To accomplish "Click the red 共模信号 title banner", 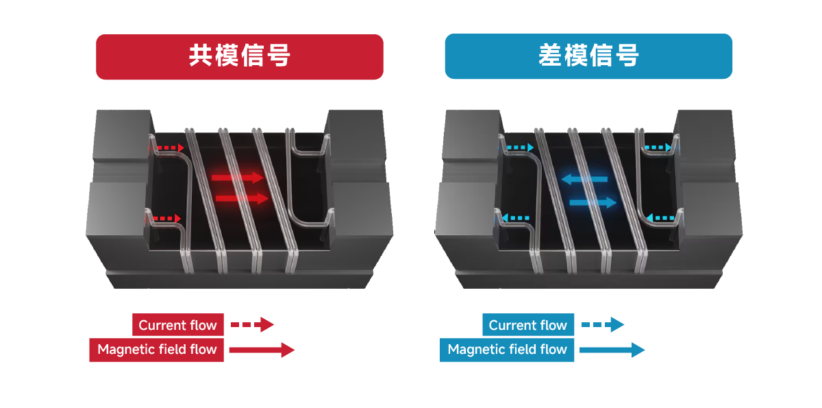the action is (x=240, y=57).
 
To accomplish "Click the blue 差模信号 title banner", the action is (x=588, y=56).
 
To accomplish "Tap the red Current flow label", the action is (x=178, y=324).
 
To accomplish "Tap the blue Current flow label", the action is (x=528, y=324).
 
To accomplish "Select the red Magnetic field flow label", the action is (x=157, y=350).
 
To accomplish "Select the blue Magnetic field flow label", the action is (x=507, y=350).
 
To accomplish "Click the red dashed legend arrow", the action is (x=252, y=324).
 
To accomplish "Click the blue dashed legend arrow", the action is (x=603, y=324).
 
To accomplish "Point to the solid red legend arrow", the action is (x=262, y=350).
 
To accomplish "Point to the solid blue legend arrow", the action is (x=612, y=350).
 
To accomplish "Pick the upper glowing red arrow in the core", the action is (x=238, y=178).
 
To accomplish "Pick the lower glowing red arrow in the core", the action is (x=242, y=199).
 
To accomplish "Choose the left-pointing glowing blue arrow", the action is (x=584, y=179).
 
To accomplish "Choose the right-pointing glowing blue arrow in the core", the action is (x=593, y=202).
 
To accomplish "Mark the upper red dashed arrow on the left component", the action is (x=166, y=147).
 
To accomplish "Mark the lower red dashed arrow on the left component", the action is (x=164, y=219).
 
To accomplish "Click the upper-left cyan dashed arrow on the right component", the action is (x=516, y=147).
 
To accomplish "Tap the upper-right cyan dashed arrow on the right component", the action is (x=659, y=147).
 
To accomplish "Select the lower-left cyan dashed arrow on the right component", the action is (x=515, y=218).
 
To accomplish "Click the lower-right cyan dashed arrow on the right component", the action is (x=660, y=218).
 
